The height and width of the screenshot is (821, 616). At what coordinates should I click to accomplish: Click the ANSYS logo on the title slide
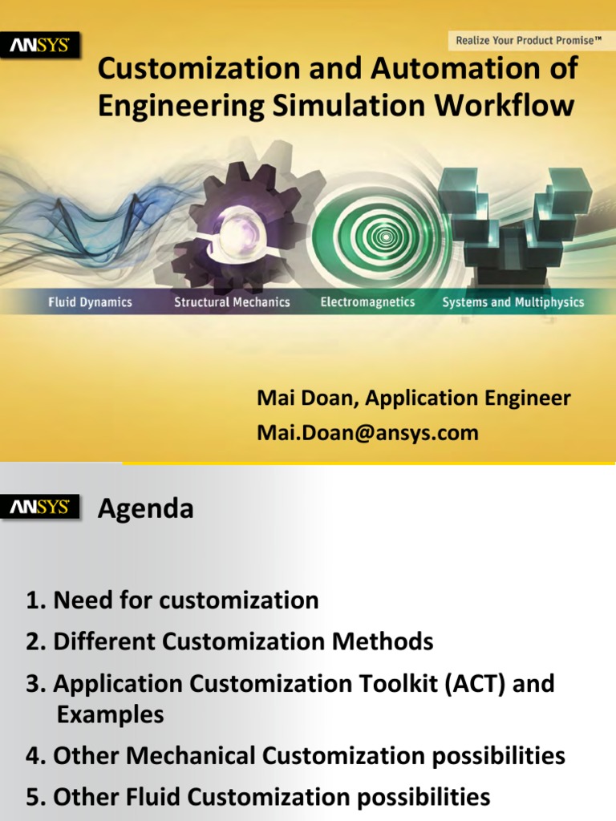pos(40,47)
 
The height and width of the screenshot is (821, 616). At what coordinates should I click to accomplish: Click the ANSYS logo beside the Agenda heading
pos(40,508)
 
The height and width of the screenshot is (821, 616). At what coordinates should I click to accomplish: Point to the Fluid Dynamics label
pos(90,302)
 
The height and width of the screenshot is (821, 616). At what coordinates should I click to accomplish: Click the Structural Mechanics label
pos(232,302)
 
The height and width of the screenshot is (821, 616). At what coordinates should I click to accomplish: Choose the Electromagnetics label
pos(367,302)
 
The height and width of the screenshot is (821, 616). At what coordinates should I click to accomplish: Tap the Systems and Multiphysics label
pos(513,302)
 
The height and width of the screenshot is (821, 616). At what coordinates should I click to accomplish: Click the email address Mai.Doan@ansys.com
pos(367,433)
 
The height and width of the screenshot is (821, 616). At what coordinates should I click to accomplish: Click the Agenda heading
pos(145,508)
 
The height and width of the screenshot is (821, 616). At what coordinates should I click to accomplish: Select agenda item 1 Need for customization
pos(172,600)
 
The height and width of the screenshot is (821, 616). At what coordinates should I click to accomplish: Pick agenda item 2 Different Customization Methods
pos(229,641)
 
